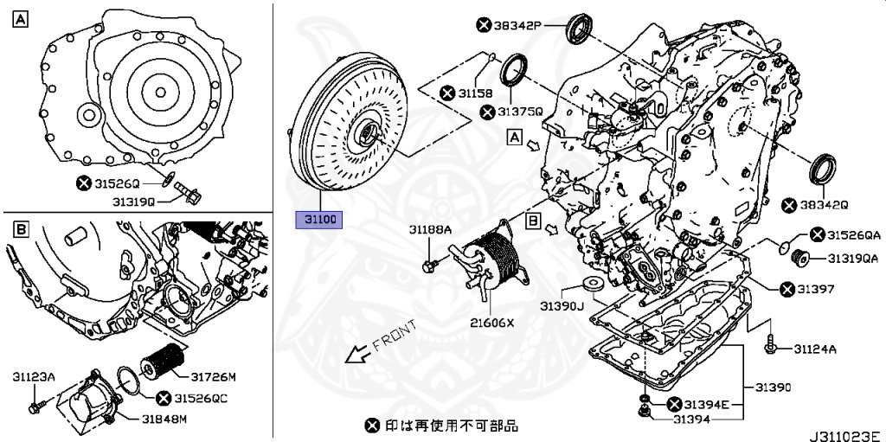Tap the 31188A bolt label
(x=431, y=230)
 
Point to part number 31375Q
(x=519, y=112)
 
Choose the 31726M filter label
(x=214, y=376)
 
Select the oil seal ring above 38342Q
(x=823, y=169)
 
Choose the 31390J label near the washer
(x=563, y=306)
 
